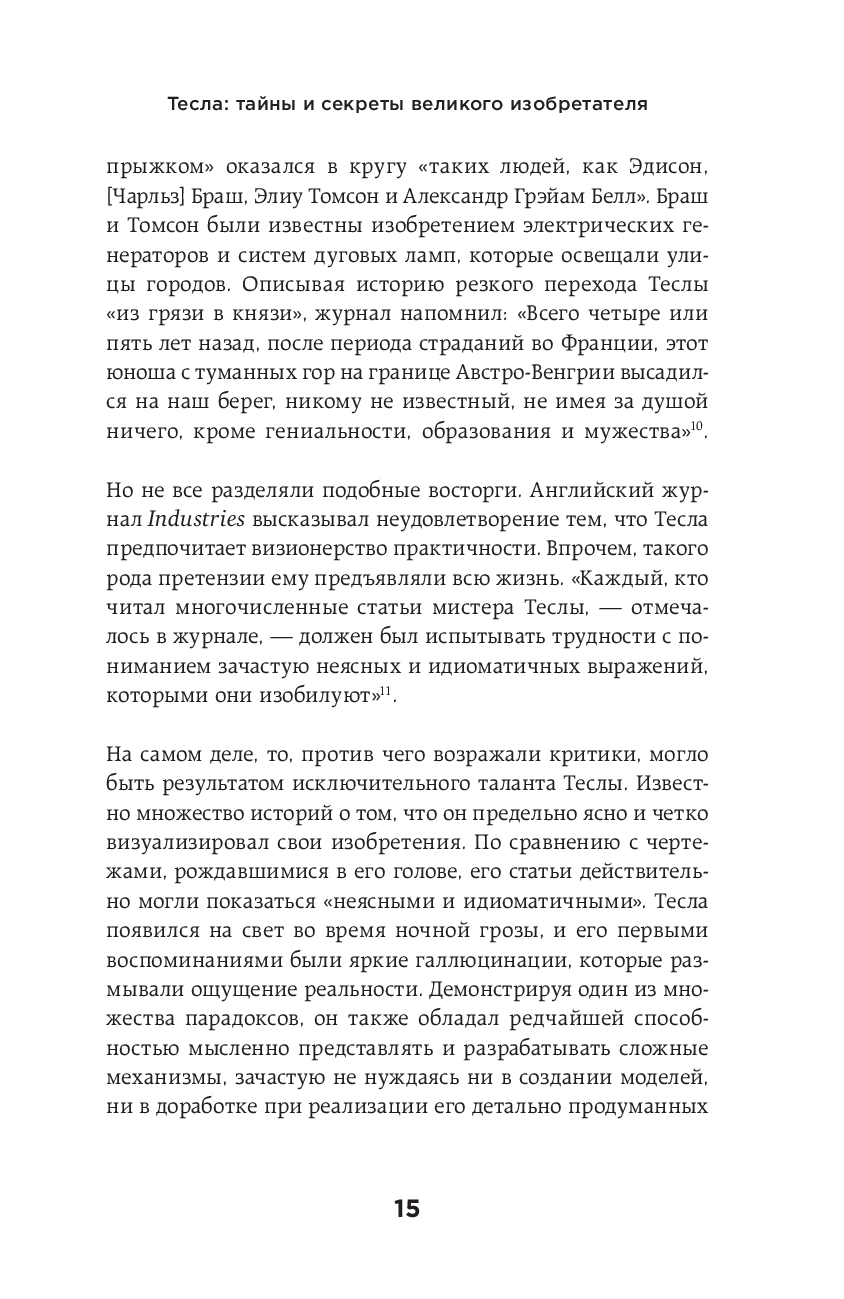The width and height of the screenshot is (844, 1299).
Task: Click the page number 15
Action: tap(406, 1209)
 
